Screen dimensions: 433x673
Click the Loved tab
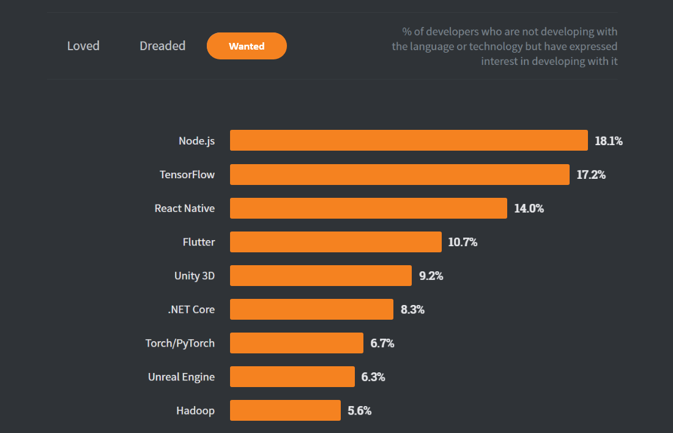point(83,46)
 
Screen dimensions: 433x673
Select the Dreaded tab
point(162,46)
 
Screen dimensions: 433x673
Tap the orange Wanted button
point(247,46)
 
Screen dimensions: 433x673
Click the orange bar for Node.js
point(409,140)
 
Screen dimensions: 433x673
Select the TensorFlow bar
point(400,175)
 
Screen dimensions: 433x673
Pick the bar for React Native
point(368,208)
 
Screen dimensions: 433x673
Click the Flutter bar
point(335,242)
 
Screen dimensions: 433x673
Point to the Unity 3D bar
point(321,276)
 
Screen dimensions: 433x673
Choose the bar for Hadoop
point(285,410)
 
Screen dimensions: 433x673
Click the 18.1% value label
point(609,141)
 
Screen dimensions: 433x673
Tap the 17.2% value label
point(591,175)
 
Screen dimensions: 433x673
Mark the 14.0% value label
point(529,208)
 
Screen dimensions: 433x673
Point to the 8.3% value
point(412,309)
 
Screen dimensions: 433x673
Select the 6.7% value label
point(382,343)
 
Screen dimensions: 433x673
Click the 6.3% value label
point(373,377)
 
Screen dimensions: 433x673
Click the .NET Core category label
point(191,309)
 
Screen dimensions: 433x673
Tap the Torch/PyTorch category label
point(180,343)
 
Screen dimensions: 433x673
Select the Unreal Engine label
point(181,377)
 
